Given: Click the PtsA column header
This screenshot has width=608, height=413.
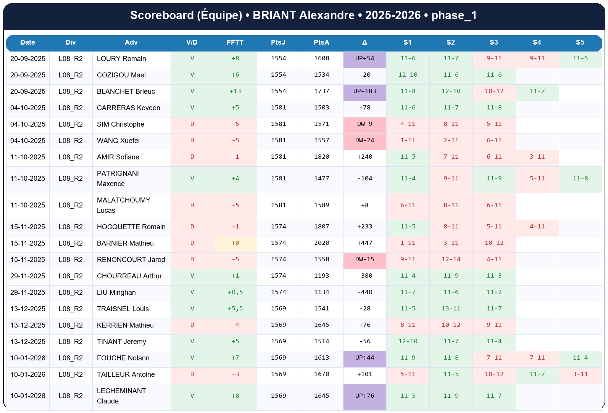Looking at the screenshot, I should coord(321,42).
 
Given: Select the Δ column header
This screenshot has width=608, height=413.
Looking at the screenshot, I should coord(364,42).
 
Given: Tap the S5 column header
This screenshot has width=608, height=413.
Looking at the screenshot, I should coord(580,42).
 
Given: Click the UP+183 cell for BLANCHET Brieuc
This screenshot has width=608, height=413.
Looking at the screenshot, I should coord(364,91).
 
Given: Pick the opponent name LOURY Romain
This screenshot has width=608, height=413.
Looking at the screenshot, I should coord(121,59).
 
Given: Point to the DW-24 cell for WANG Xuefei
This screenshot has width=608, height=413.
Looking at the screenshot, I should coord(364,140).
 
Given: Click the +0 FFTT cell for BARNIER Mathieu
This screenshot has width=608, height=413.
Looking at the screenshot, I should coord(235,243).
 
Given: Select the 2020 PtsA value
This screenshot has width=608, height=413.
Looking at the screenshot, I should coord(321,243).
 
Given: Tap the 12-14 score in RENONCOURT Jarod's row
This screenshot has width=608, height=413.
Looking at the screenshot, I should coord(451,259).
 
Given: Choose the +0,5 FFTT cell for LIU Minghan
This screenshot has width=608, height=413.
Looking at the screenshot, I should coord(235,292).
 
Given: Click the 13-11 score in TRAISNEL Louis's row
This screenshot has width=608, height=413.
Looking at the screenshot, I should coord(451,309).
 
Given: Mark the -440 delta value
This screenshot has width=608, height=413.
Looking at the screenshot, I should coord(364,292).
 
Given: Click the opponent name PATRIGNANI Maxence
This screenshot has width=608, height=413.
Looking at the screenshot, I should coord(118,178).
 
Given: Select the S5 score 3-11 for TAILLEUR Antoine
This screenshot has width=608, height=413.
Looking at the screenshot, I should coord(580,374).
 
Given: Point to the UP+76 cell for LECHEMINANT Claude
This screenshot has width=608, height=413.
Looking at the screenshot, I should coord(364,396).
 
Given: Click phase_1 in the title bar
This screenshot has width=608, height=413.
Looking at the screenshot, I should coord(454,15).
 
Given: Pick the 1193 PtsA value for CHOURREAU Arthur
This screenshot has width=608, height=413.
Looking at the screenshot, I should coord(321,276).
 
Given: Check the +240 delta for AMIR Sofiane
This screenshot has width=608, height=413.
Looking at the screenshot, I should coord(364,157).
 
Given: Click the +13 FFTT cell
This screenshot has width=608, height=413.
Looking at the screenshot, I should coord(235,91).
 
